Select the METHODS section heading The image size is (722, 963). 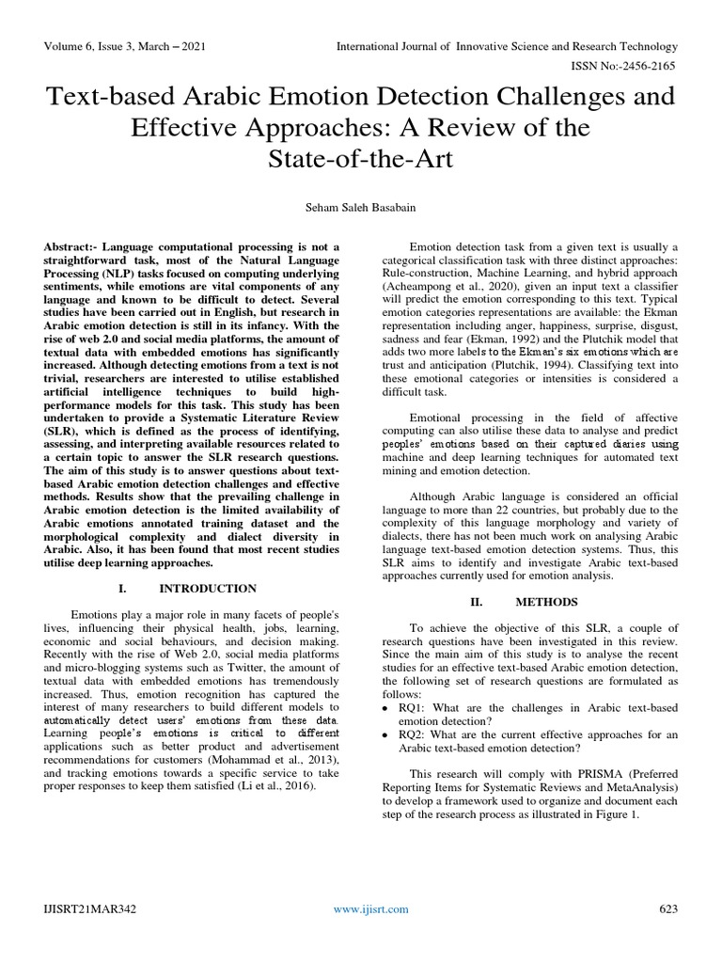[x=545, y=602]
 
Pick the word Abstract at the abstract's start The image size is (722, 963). [x=71, y=246]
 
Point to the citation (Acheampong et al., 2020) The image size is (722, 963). [x=455, y=290]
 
